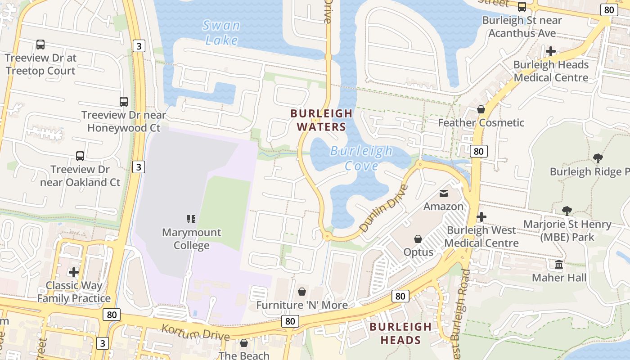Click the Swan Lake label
[x=221, y=32]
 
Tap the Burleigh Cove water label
[x=361, y=158]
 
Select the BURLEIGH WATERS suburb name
[x=318, y=120]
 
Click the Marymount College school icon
[x=191, y=219]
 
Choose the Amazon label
[x=443, y=207]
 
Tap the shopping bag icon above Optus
[x=418, y=238]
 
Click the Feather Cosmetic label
[x=481, y=123]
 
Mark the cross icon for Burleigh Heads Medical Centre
[x=550, y=51]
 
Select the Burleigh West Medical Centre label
[x=481, y=237]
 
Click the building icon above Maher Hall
[x=559, y=264]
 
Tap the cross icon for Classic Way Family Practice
[x=74, y=272]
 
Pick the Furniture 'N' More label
[x=302, y=305]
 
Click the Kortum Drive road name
[x=195, y=332]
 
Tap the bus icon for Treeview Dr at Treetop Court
[x=40, y=45]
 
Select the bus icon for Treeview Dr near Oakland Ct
[x=80, y=156]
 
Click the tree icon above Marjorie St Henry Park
[x=567, y=211]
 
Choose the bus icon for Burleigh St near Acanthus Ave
[x=522, y=7]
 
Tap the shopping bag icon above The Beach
[x=244, y=343]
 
